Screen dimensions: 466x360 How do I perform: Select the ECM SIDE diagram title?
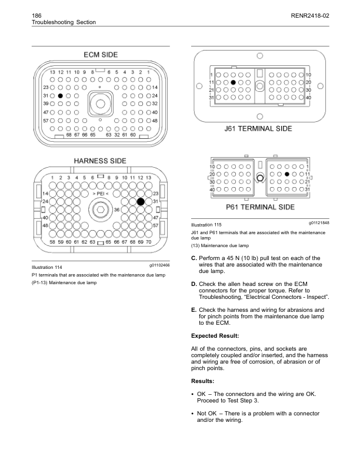click(100, 55)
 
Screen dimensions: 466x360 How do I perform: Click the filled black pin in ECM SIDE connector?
click(60, 95)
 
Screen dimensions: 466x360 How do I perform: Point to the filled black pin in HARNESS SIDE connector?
click(141, 201)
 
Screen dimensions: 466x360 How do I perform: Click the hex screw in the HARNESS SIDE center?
click(100, 209)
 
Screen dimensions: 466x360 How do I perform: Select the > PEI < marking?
click(100, 194)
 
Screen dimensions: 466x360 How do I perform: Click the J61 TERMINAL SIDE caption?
click(259, 128)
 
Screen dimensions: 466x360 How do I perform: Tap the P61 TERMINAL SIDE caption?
click(260, 207)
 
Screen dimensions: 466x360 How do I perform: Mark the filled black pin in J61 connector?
click(234, 83)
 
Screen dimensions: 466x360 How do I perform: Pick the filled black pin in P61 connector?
click(286, 175)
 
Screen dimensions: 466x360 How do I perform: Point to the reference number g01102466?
click(156, 266)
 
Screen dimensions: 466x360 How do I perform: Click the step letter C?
click(194, 258)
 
